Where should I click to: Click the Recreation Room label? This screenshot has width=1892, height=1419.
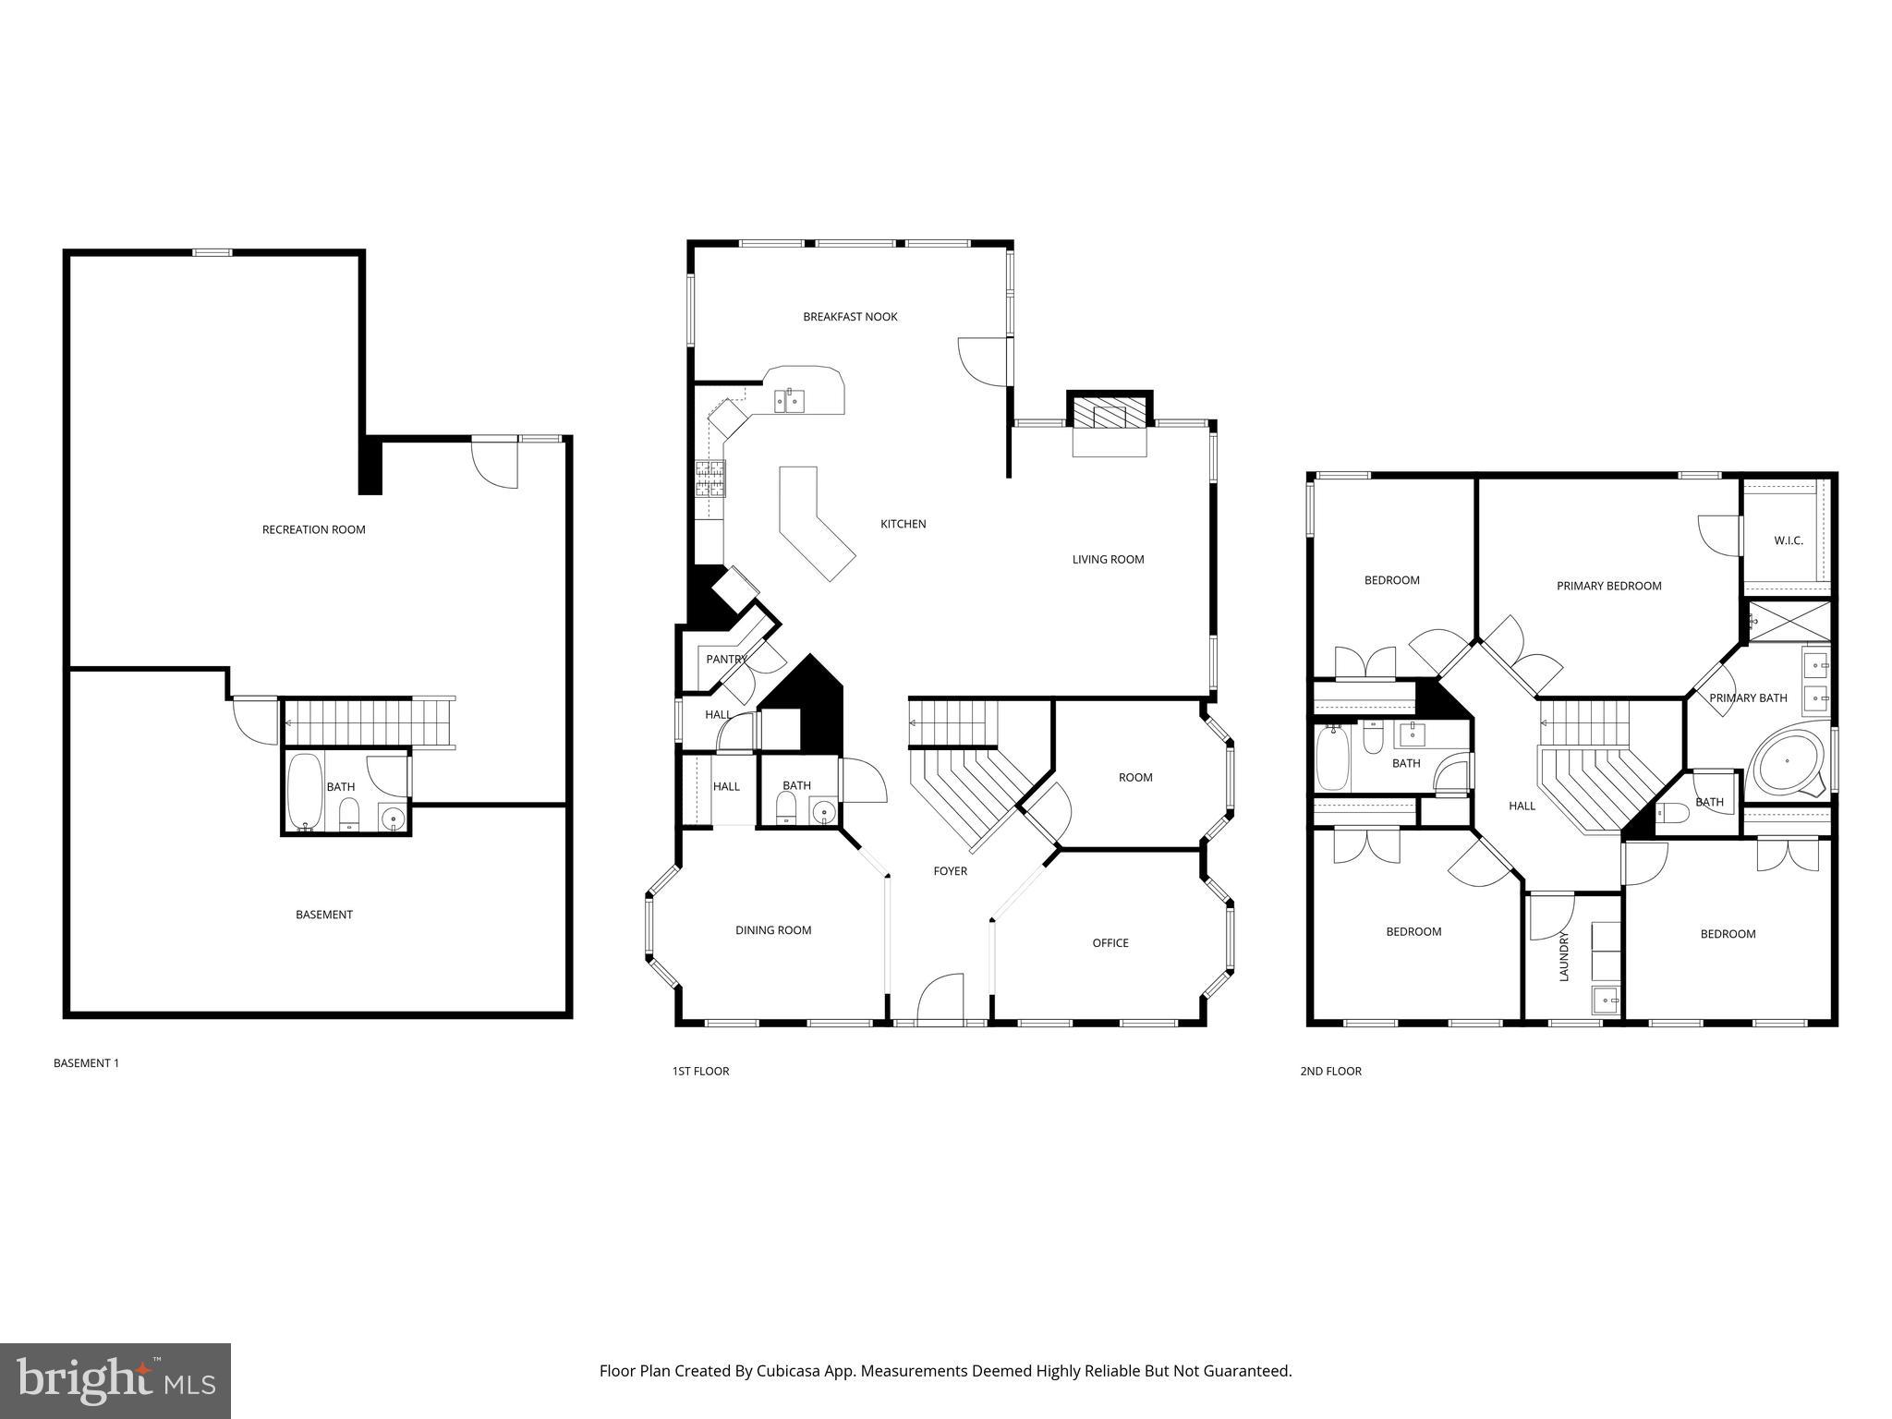[313, 529]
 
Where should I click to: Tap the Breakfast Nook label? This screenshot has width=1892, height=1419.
[850, 317]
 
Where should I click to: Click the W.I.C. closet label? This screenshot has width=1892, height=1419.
[1788, 540]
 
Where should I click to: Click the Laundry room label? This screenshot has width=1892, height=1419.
[1564, 956]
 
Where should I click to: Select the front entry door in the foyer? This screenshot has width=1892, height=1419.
[940, 1000]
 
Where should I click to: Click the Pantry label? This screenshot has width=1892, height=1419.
[725, 659]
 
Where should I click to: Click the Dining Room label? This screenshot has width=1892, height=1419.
[773, 930]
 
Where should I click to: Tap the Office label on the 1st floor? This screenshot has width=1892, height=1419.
[1110, 943]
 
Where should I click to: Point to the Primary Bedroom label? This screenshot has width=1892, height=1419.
[1608, 586]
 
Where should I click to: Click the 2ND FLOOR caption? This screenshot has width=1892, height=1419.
[1330, 1072]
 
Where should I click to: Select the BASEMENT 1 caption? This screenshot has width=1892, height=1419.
[86, 1063]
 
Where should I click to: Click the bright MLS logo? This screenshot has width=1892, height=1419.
[115, 1381]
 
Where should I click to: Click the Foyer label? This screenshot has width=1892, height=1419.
[950, 871]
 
